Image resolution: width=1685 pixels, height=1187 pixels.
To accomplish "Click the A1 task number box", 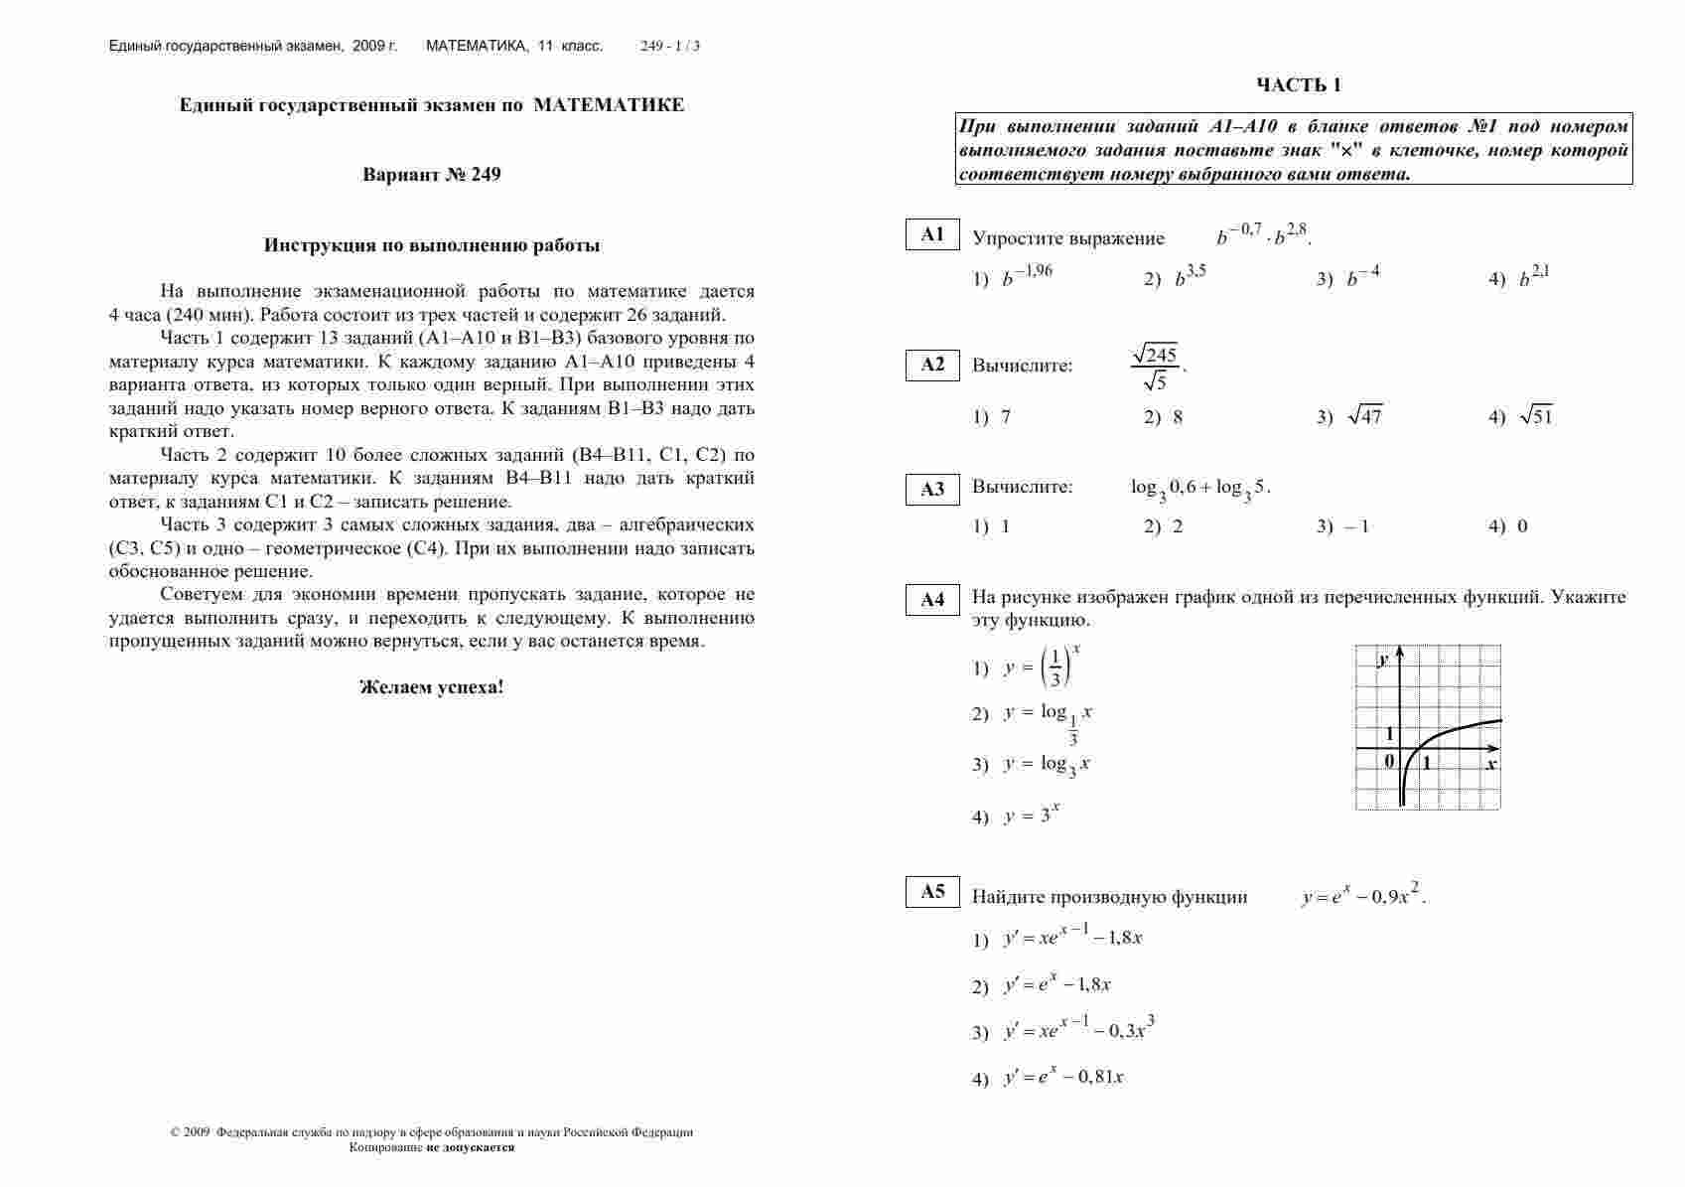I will [932, 234].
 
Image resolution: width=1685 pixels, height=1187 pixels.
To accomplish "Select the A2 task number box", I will [932, 365].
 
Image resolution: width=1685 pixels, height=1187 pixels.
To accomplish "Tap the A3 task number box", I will [932, 489].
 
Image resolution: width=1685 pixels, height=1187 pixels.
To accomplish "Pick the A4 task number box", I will [932, 599].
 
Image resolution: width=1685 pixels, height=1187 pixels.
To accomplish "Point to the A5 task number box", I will [932, 891].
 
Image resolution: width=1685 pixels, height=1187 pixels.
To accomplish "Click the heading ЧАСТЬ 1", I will [1298, 85].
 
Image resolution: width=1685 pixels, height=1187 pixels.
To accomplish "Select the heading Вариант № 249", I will [431, 175].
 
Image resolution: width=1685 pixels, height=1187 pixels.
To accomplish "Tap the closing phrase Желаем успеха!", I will [431, 686].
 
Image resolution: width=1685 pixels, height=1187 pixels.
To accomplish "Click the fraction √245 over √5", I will [1154, 367].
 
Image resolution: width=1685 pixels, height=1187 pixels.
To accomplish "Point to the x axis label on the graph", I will [1491, 764].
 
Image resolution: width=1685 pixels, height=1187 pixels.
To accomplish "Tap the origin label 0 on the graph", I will [1389, 761].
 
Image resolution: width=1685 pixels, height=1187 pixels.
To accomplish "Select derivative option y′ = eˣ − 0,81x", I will [1063, 1077].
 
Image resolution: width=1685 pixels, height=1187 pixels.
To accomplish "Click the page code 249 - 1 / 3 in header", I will [670, 46].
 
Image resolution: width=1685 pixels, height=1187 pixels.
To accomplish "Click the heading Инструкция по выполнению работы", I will [431, 245].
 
